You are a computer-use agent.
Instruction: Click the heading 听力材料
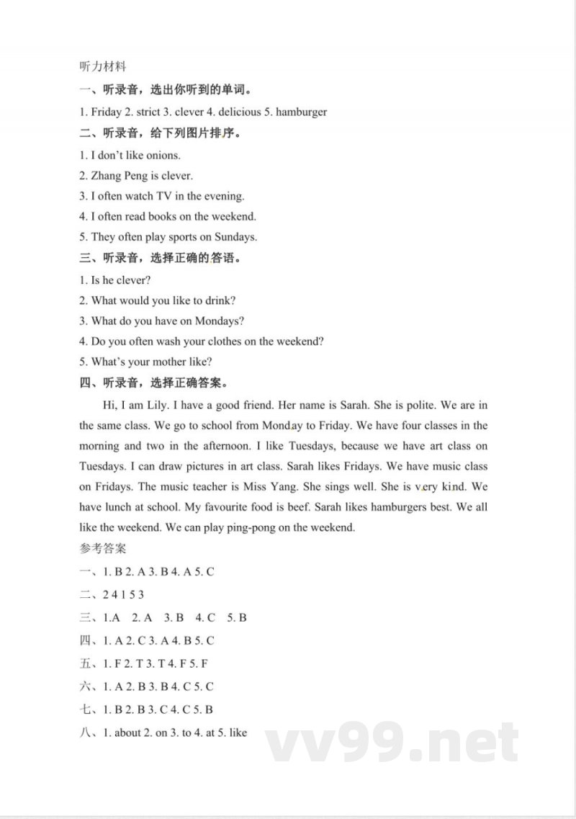pos(102,66)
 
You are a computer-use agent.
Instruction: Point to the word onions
pos(163,155)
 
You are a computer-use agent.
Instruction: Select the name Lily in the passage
pos(158,405)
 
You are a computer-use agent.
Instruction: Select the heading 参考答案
pos(102,548)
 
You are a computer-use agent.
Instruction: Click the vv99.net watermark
pos(392,743)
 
